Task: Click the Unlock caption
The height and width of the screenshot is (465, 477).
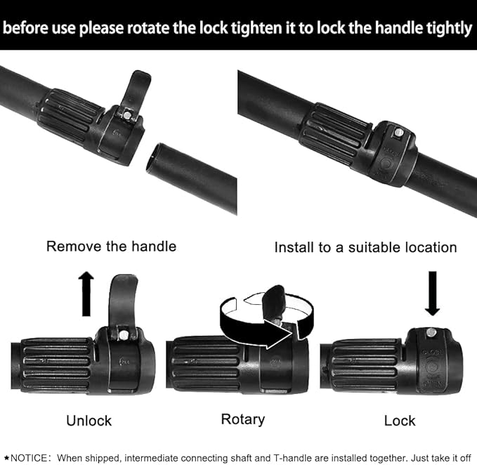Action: point(89,421)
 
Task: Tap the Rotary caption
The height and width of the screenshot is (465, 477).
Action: point(243,420)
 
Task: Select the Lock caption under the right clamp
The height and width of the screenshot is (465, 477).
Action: point(400,421)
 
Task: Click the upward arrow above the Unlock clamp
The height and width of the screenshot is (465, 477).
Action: point(86,294)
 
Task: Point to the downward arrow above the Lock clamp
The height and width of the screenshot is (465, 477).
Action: point(432,294)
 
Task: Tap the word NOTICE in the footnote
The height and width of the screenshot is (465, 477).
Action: point(29,458)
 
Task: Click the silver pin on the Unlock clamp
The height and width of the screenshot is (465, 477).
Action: point(124,336)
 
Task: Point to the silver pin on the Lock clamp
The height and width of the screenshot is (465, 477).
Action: point(431,332)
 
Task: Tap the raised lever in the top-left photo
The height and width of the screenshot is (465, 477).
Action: point(136,91)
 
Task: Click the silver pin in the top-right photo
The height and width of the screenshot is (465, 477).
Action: point(398,133)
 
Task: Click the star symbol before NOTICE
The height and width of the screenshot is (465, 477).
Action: point(6,458)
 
